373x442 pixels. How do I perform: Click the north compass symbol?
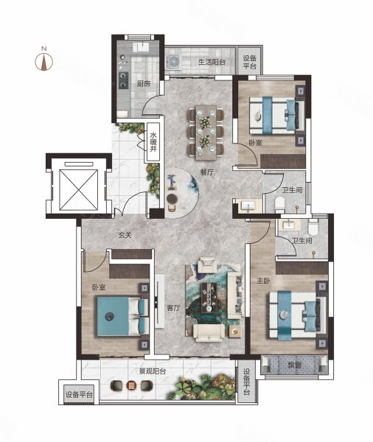pyautogui.click(x=43, y=60)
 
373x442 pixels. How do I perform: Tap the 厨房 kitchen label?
pyautogui.click(x=143, y=84)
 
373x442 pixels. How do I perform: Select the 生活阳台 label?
pyautogui.click(x=212, y=62)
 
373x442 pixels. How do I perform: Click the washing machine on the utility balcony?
pyautogui.click(x=173, y=62)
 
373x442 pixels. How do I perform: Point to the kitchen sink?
pyautogui.click(x=143, y=47)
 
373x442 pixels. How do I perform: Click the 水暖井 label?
pyautogui.click(x=153, y=142)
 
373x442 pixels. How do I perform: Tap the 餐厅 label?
pyautogui.click(x=207, y=172)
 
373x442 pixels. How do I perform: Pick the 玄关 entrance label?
pyautogui.click(x=125, y=235)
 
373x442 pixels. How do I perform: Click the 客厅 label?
pyautogui.click(x=173, y=308)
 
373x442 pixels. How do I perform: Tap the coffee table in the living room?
pyautogui.click(x=209, y=298)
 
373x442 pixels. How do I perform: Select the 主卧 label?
pyautogui.click(x=263, y=281)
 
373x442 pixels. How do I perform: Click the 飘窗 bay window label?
pyautogui.click(x=294, y=365)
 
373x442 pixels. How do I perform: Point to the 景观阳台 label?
pyautogui.click(x=153, y=371)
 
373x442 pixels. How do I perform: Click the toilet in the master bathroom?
pyautogui.click(x=313, y=228)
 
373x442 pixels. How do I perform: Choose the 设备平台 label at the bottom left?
pyautogui.click(x=79, y=395)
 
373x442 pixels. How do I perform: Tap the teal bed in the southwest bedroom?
pyautogui.click(x=122, y=316)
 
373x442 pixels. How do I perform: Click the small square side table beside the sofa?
pyautogui.click(x=234, y=331)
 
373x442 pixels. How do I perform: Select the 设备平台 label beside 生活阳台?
pyautogui.click(x=250, y=63)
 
